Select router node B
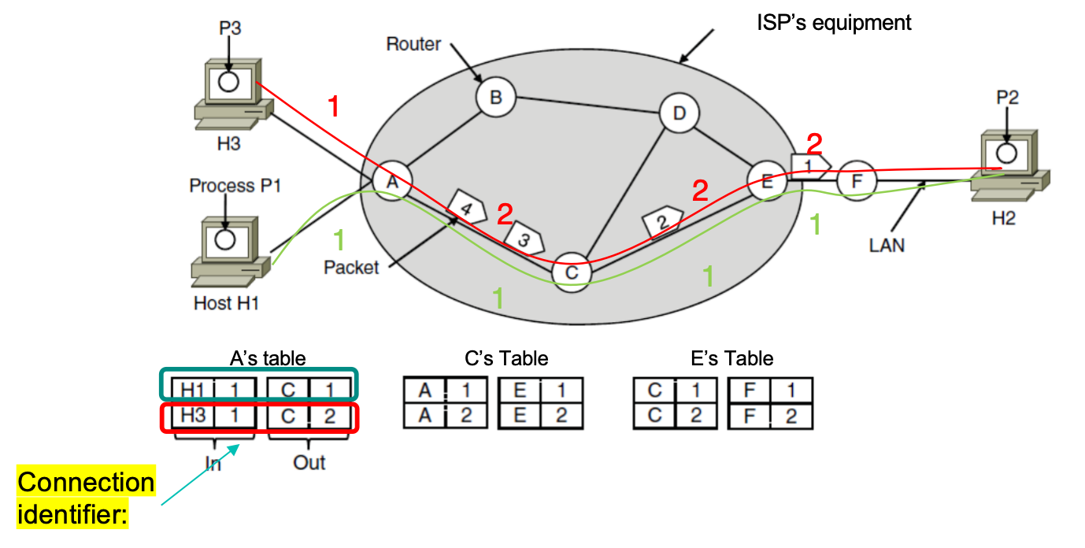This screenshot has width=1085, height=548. (495, 98)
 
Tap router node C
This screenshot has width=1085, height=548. (572, 272)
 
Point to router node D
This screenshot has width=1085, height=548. (679, 113)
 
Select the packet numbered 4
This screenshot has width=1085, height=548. (465, 209)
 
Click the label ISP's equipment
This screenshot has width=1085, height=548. (833, 22)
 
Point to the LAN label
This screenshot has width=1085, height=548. (887, 245)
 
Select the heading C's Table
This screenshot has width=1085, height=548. (506, 359)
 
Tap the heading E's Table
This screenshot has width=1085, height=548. (732, 359)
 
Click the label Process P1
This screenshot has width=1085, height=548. (235, 186)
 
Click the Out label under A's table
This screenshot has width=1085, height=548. (309, 462)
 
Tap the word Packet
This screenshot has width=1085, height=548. (351, 268)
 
